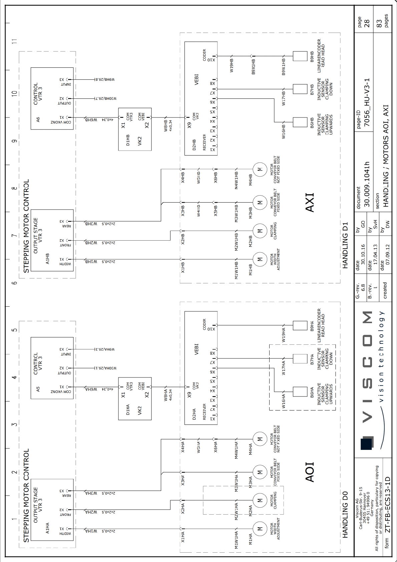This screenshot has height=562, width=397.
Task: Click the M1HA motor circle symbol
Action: (x=260, y=529)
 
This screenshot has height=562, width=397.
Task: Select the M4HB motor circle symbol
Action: (x=260, y=170)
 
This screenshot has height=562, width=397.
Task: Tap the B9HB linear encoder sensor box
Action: (x=300, y=56)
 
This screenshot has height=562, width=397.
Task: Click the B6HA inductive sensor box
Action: (x=300, y=392)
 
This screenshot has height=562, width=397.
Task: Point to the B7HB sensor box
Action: (x=300, y=89)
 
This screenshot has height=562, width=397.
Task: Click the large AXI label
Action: (x=310, y=202)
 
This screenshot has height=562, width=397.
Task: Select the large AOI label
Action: (x=310, y=472)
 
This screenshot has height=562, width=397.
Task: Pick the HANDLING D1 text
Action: (x=345, y=245)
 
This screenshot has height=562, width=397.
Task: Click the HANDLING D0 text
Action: (x=345, y=514)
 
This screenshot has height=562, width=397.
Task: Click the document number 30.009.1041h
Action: (x=367, y=184)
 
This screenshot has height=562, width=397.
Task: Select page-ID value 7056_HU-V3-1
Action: (x=367, y=102)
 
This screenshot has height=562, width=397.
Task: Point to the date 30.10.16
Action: (x=363, y=254)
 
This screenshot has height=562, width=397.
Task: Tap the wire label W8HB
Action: (x=166, y=126)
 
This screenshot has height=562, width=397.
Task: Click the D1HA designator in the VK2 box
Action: (x=128, y=409)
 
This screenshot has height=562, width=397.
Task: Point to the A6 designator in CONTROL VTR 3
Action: (x=38, y=119)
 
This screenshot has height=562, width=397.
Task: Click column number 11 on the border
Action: (x=14, y=41)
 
